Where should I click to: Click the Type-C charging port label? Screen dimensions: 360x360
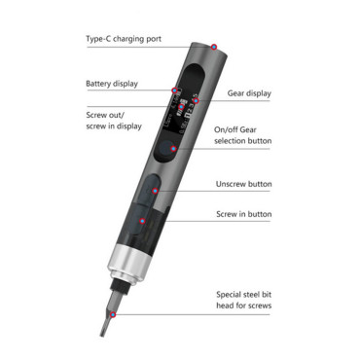124,39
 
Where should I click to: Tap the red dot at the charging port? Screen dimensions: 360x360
214,47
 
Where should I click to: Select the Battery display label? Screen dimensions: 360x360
112,84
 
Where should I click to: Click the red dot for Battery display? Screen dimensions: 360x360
174,90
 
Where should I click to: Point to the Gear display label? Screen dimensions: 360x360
249,93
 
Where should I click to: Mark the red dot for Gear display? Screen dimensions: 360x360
196,101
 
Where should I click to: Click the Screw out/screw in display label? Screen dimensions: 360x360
114,121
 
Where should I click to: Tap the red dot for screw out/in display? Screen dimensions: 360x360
181,107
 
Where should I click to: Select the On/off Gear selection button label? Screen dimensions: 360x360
242,135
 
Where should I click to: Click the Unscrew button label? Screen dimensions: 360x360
244,184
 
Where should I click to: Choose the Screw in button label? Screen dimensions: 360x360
244,214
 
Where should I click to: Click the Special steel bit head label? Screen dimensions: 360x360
244,300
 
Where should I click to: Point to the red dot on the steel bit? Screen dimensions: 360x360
113,314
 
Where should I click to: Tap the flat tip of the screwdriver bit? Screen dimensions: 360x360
102,334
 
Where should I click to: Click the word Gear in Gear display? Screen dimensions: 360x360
235,93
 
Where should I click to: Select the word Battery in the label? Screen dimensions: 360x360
98,84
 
